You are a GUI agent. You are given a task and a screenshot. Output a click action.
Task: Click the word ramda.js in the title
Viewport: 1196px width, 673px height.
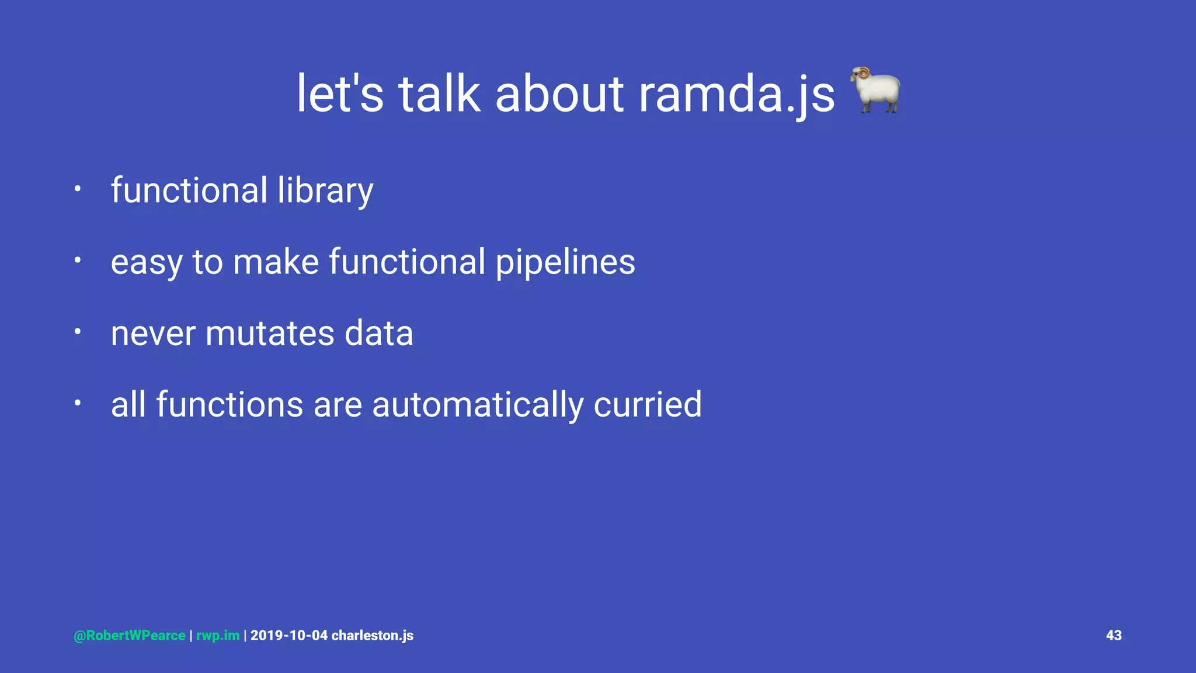(737, 94)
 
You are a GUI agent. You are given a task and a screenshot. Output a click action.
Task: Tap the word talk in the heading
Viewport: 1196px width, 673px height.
(439, 94)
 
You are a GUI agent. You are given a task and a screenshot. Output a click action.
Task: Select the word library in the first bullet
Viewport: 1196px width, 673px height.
(325, 190)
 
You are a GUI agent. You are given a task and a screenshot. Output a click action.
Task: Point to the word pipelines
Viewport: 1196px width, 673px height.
(565, 262)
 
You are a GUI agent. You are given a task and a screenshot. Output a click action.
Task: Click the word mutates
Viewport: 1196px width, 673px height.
(270, 334)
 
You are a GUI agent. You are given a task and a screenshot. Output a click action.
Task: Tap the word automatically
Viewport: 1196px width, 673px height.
(477, 404)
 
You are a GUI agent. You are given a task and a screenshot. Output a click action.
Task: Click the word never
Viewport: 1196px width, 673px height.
(153, 334)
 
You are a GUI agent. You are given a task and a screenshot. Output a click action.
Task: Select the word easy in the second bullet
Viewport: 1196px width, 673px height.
(147, 263)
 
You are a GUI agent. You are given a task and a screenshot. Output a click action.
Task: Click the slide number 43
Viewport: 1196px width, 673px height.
(1114, 635)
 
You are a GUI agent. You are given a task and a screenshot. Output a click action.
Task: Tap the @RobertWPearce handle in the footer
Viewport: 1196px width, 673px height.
(130, 636)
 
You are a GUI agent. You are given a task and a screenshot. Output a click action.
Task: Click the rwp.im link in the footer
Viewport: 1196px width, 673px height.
(218, 636)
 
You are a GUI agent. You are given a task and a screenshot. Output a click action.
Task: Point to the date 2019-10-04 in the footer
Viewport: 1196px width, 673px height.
(289, 636)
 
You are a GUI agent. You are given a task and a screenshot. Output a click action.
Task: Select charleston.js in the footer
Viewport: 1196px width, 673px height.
(373, 636)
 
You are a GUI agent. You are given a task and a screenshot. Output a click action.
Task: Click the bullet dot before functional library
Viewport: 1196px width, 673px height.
(77, 189)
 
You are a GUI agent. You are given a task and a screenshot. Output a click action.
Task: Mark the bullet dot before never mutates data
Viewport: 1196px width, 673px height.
(77, 332)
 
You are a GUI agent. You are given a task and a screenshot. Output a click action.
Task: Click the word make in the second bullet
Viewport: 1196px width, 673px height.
(276, 262)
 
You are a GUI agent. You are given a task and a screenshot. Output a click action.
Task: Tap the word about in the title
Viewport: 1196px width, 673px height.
(559, 94)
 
